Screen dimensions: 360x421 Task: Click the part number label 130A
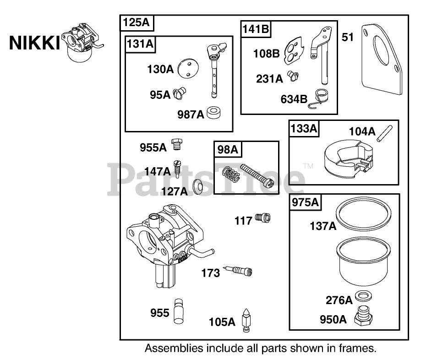pyautogui.click(x=160, y=70)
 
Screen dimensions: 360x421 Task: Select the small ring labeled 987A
pyautogui.click(x=213, y=113)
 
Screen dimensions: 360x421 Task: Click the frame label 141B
pyautogui.click(x=256, y=29)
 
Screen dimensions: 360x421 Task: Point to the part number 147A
pyautogui.click(x=157, y=171)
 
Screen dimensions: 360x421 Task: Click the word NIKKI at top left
pyautogui.click(x=34, y=43)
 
